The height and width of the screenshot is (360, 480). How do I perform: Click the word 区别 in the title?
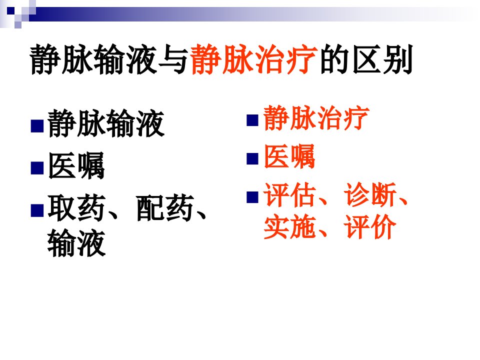pos(383,59)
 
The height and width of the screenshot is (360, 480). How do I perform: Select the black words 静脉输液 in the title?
pos(93,59)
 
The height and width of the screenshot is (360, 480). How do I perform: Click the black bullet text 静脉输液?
pos(106,123)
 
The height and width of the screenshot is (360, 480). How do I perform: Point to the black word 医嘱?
pos(76,165)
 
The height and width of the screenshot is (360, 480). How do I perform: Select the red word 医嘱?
pos(289,156)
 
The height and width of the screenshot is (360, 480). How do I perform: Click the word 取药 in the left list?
pos(76,207)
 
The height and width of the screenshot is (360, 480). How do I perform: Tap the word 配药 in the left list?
pos(165,207)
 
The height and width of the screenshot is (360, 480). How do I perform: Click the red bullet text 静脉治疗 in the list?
pos(316,117)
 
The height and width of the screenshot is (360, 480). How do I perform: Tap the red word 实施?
pos(289,227)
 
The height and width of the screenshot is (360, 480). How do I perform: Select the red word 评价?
pos(370,227)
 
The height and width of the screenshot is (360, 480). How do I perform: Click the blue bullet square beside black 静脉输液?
pos(37,125)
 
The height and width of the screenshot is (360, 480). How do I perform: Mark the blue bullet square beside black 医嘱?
pos(37,168)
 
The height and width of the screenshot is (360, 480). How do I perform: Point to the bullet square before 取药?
pos(37,210)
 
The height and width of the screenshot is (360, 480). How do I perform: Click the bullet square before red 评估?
pos(252,197)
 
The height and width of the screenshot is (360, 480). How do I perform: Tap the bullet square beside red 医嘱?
pos(252,158)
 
